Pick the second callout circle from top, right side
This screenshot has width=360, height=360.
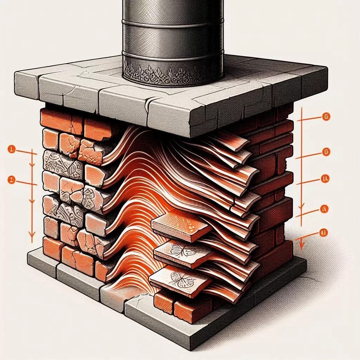pyautogui.click(x=326, y=152)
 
